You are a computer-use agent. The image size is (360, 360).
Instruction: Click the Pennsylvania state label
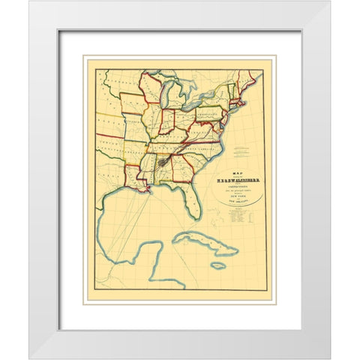pos(208,111)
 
